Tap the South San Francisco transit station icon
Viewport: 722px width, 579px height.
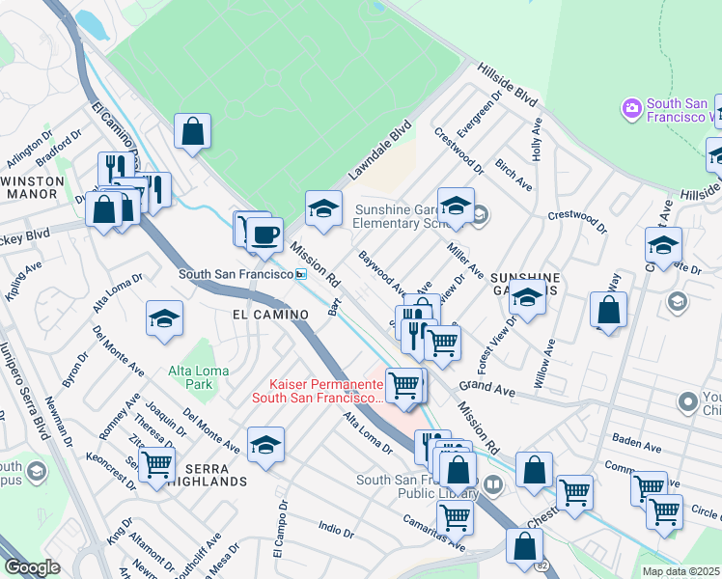301,275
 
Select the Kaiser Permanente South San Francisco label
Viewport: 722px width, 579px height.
318,390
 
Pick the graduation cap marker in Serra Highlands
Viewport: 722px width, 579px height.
265,444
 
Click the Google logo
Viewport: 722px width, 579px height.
32,567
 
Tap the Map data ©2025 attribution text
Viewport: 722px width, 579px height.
680,571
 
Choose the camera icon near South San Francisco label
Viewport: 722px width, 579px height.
632,107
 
